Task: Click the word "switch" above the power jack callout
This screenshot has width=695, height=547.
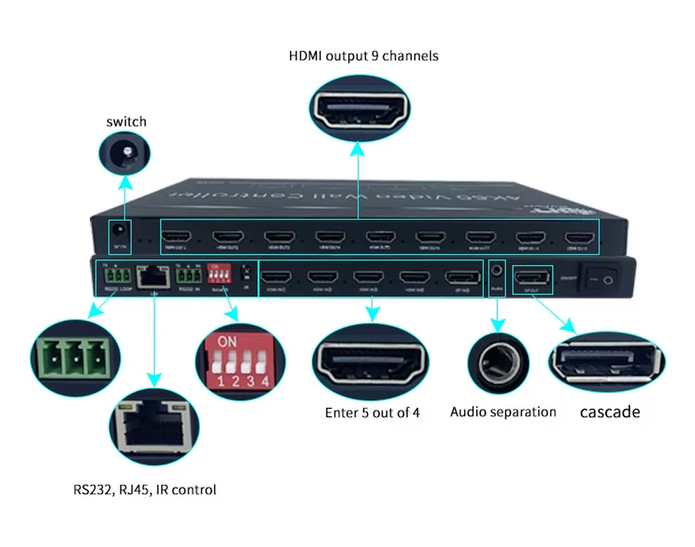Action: [127, 122]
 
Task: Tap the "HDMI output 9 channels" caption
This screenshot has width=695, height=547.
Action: [364, 56]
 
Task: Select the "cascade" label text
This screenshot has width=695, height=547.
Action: [610, 412]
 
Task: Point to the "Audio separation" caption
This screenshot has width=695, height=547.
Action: [503, 412]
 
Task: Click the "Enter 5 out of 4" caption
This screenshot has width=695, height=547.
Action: [372, 413]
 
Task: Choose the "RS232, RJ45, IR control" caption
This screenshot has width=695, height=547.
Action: [145, 490]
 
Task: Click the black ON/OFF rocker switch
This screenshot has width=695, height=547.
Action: [599, 279]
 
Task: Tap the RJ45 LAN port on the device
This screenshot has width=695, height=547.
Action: [155, 277]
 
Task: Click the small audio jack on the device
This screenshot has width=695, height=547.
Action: [498, 271]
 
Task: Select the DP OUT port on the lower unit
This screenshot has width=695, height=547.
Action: [532, 277]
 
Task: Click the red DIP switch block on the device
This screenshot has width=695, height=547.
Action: [219, 275]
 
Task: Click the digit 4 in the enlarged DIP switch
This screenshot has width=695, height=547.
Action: [264, 382]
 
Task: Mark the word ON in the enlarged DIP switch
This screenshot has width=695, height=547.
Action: [226, 341]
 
